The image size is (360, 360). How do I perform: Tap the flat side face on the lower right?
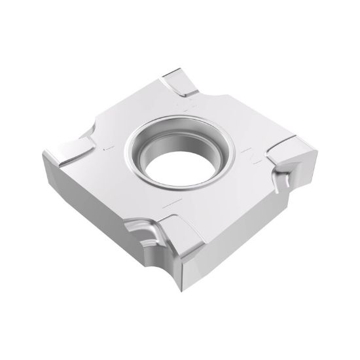249,236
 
